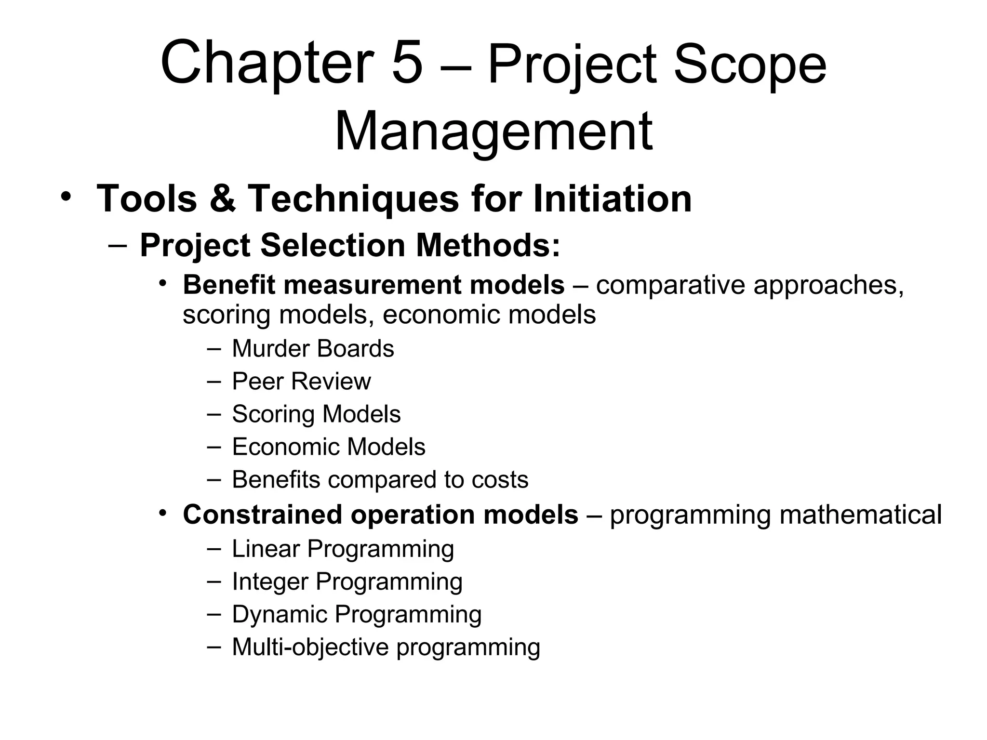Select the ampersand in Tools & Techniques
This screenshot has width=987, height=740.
223,198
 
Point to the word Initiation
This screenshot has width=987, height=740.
613,198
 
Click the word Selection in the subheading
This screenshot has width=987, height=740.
333,245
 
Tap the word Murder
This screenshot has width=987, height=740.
270,348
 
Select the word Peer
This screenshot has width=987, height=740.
257,381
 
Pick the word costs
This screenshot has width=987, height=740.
500,480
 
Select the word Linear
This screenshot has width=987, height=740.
266,549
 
